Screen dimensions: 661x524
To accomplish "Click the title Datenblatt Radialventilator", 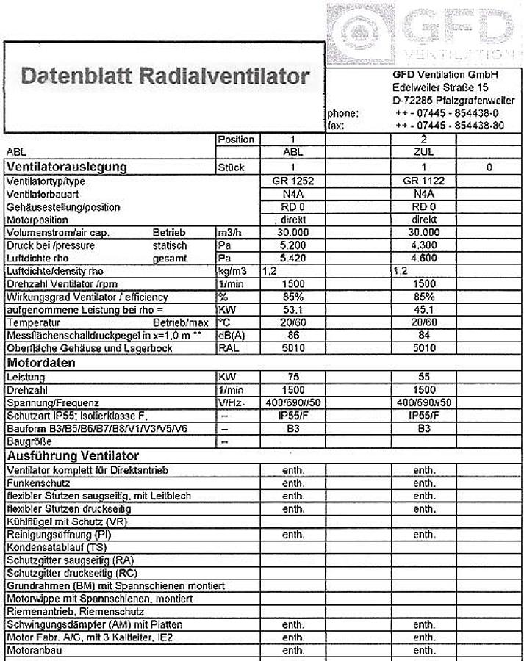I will (x=165, y=76).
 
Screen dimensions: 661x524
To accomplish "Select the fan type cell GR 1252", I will (x=292, y=181).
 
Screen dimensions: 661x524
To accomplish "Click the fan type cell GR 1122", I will (x=424, y=181).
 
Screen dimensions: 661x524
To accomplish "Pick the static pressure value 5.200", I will (x=292, y=245).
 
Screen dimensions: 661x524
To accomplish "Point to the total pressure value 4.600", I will (x=424, y=259).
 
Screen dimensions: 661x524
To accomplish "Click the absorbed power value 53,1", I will (x=292, y=310).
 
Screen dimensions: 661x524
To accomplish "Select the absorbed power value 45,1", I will (x=424, y=310).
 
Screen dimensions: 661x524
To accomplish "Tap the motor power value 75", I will (x=292, y=377).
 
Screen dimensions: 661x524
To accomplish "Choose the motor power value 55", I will (x=424, y=377).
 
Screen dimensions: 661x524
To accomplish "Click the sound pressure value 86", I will (x=292, y=336).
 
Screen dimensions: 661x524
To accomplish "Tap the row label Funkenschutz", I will (x=37, y=484).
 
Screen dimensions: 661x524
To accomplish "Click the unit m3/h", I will (x=229, y=232).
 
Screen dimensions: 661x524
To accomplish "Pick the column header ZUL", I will (x=424, y=153).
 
